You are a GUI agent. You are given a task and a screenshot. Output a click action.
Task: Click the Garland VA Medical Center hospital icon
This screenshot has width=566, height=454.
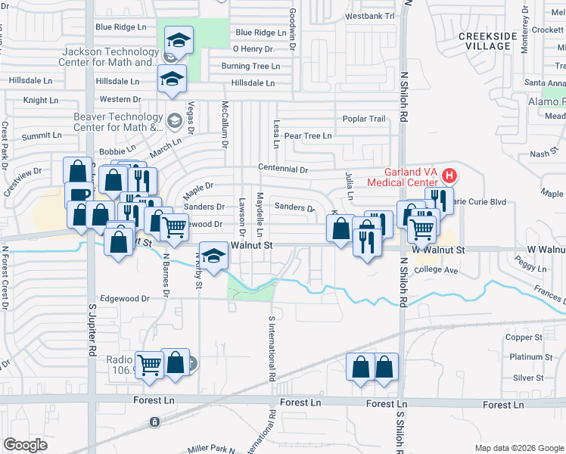(449, 177)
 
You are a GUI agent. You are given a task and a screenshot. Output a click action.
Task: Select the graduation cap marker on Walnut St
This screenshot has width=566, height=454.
(214, 257)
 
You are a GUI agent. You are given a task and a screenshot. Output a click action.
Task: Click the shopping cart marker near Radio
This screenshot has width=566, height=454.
(150, 365)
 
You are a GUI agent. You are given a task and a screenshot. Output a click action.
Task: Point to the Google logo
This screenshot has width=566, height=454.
(26, 445)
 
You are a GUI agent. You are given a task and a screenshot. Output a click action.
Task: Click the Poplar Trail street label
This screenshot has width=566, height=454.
(364, 119)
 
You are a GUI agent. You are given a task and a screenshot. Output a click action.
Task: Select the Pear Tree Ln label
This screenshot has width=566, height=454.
(307, 136)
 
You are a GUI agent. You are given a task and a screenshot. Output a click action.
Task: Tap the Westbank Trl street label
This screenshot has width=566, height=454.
(369, 16)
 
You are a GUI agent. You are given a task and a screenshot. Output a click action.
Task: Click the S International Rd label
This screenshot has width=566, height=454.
(271, 349)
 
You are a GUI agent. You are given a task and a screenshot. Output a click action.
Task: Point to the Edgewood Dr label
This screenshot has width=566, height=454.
(126, 298)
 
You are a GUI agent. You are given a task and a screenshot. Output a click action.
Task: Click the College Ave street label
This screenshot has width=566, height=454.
(437, 270)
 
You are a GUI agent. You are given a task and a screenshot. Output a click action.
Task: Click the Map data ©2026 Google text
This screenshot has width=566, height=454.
(518, 448)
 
